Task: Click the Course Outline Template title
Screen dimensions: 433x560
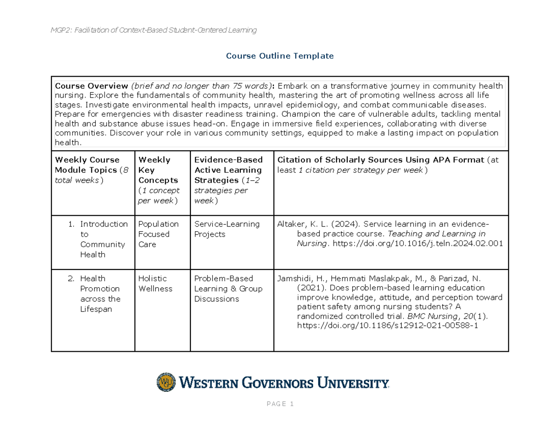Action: (280, 56)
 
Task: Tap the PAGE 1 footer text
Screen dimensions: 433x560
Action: (280, 405)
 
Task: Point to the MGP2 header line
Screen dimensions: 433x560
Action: (154, 30)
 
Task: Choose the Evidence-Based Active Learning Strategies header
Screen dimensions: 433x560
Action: (228, 180)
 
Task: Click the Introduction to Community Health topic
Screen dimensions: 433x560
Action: (103, 239)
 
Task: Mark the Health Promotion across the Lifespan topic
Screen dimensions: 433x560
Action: (100, 294)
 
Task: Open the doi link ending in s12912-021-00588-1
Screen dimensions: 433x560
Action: (387, 327)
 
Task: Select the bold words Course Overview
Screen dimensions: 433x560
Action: (91, 86)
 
